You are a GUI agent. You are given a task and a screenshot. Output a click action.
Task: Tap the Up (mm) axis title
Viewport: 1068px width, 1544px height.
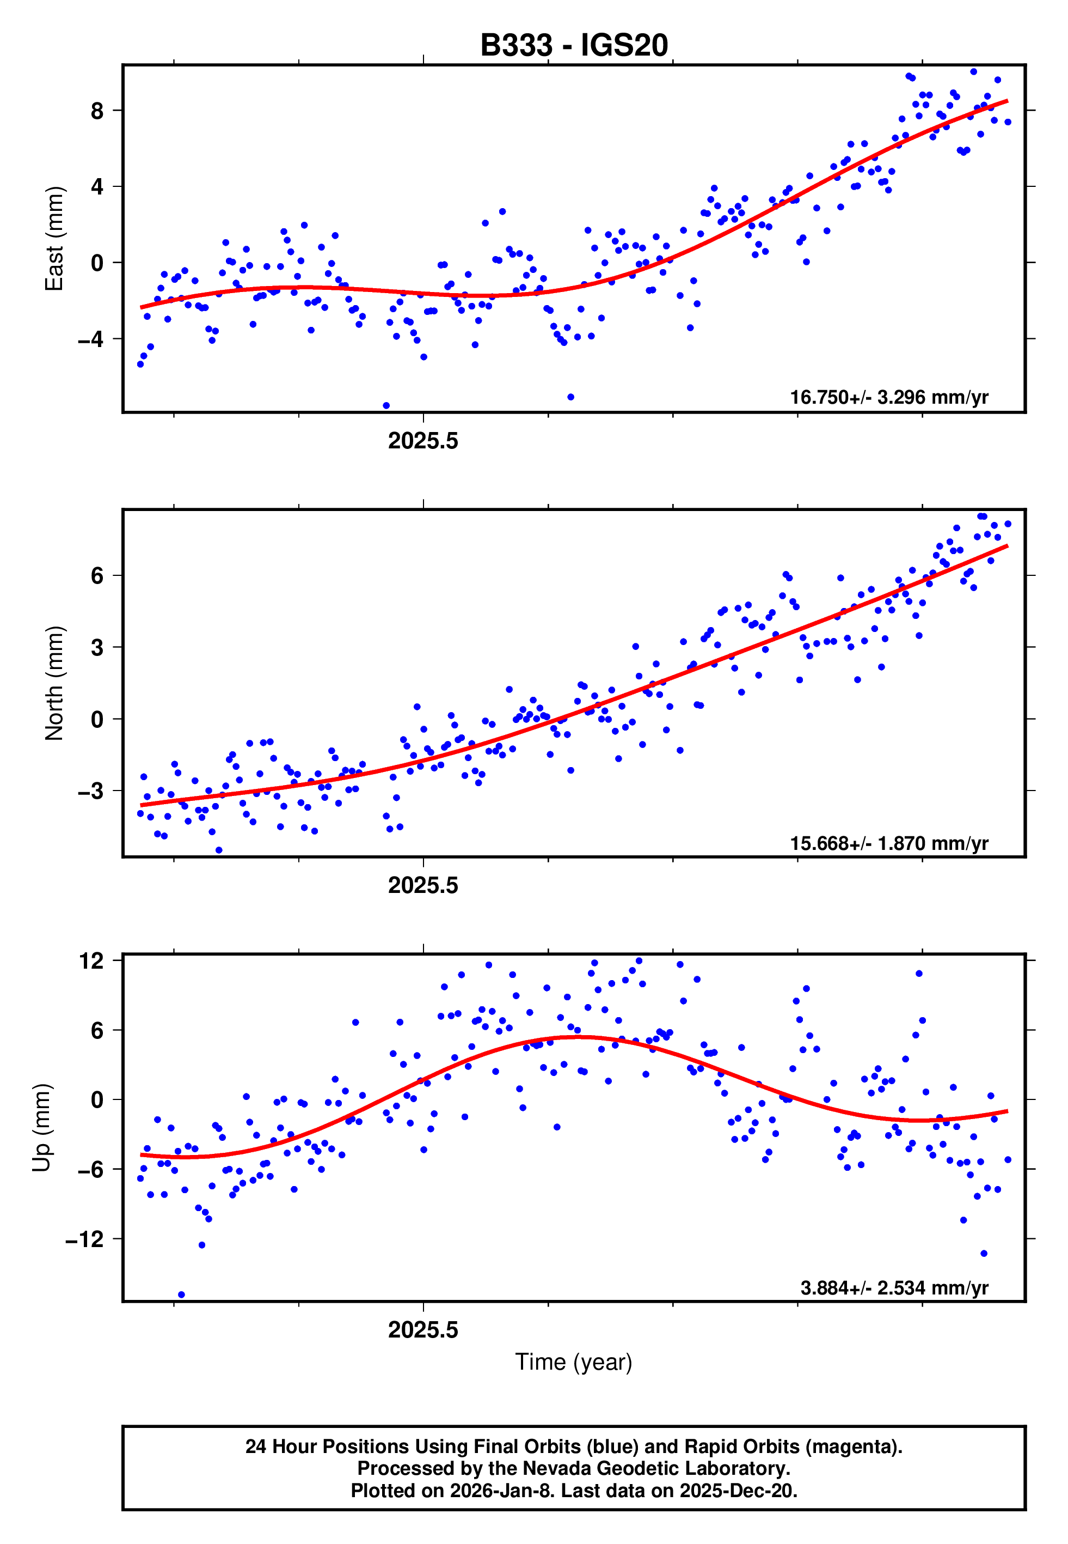(x=41, y=1128)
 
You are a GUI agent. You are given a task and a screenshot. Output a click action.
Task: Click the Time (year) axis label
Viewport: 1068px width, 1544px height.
(x=574, y=1362)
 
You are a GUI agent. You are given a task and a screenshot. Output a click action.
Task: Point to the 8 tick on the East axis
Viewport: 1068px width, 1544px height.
(x=97, y=111)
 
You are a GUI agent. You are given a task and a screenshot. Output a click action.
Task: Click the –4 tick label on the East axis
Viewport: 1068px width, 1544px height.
(x=91, y=339)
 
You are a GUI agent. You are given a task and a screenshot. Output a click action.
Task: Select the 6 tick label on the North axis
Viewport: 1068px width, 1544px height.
(x=97, y=575)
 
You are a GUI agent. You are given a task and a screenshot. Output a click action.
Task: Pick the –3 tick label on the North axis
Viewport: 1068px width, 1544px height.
(x=91, y=791)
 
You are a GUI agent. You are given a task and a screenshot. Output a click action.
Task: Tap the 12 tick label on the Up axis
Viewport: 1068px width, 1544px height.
(x=91, y=961)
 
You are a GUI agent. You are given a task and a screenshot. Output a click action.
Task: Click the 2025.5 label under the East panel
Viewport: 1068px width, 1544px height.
(x=423, y=441)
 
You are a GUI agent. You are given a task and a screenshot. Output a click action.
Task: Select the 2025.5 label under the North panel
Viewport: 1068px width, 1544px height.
(x=423, y=885)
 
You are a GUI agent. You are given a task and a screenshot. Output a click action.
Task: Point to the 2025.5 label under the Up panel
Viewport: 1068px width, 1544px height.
(x=423, y=1330)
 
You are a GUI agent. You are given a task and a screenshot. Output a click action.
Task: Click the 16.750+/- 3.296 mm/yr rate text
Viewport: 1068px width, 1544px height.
(x=889, y=397)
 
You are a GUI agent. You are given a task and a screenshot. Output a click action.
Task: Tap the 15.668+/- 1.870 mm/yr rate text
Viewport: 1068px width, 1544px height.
(x=889, y=843)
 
